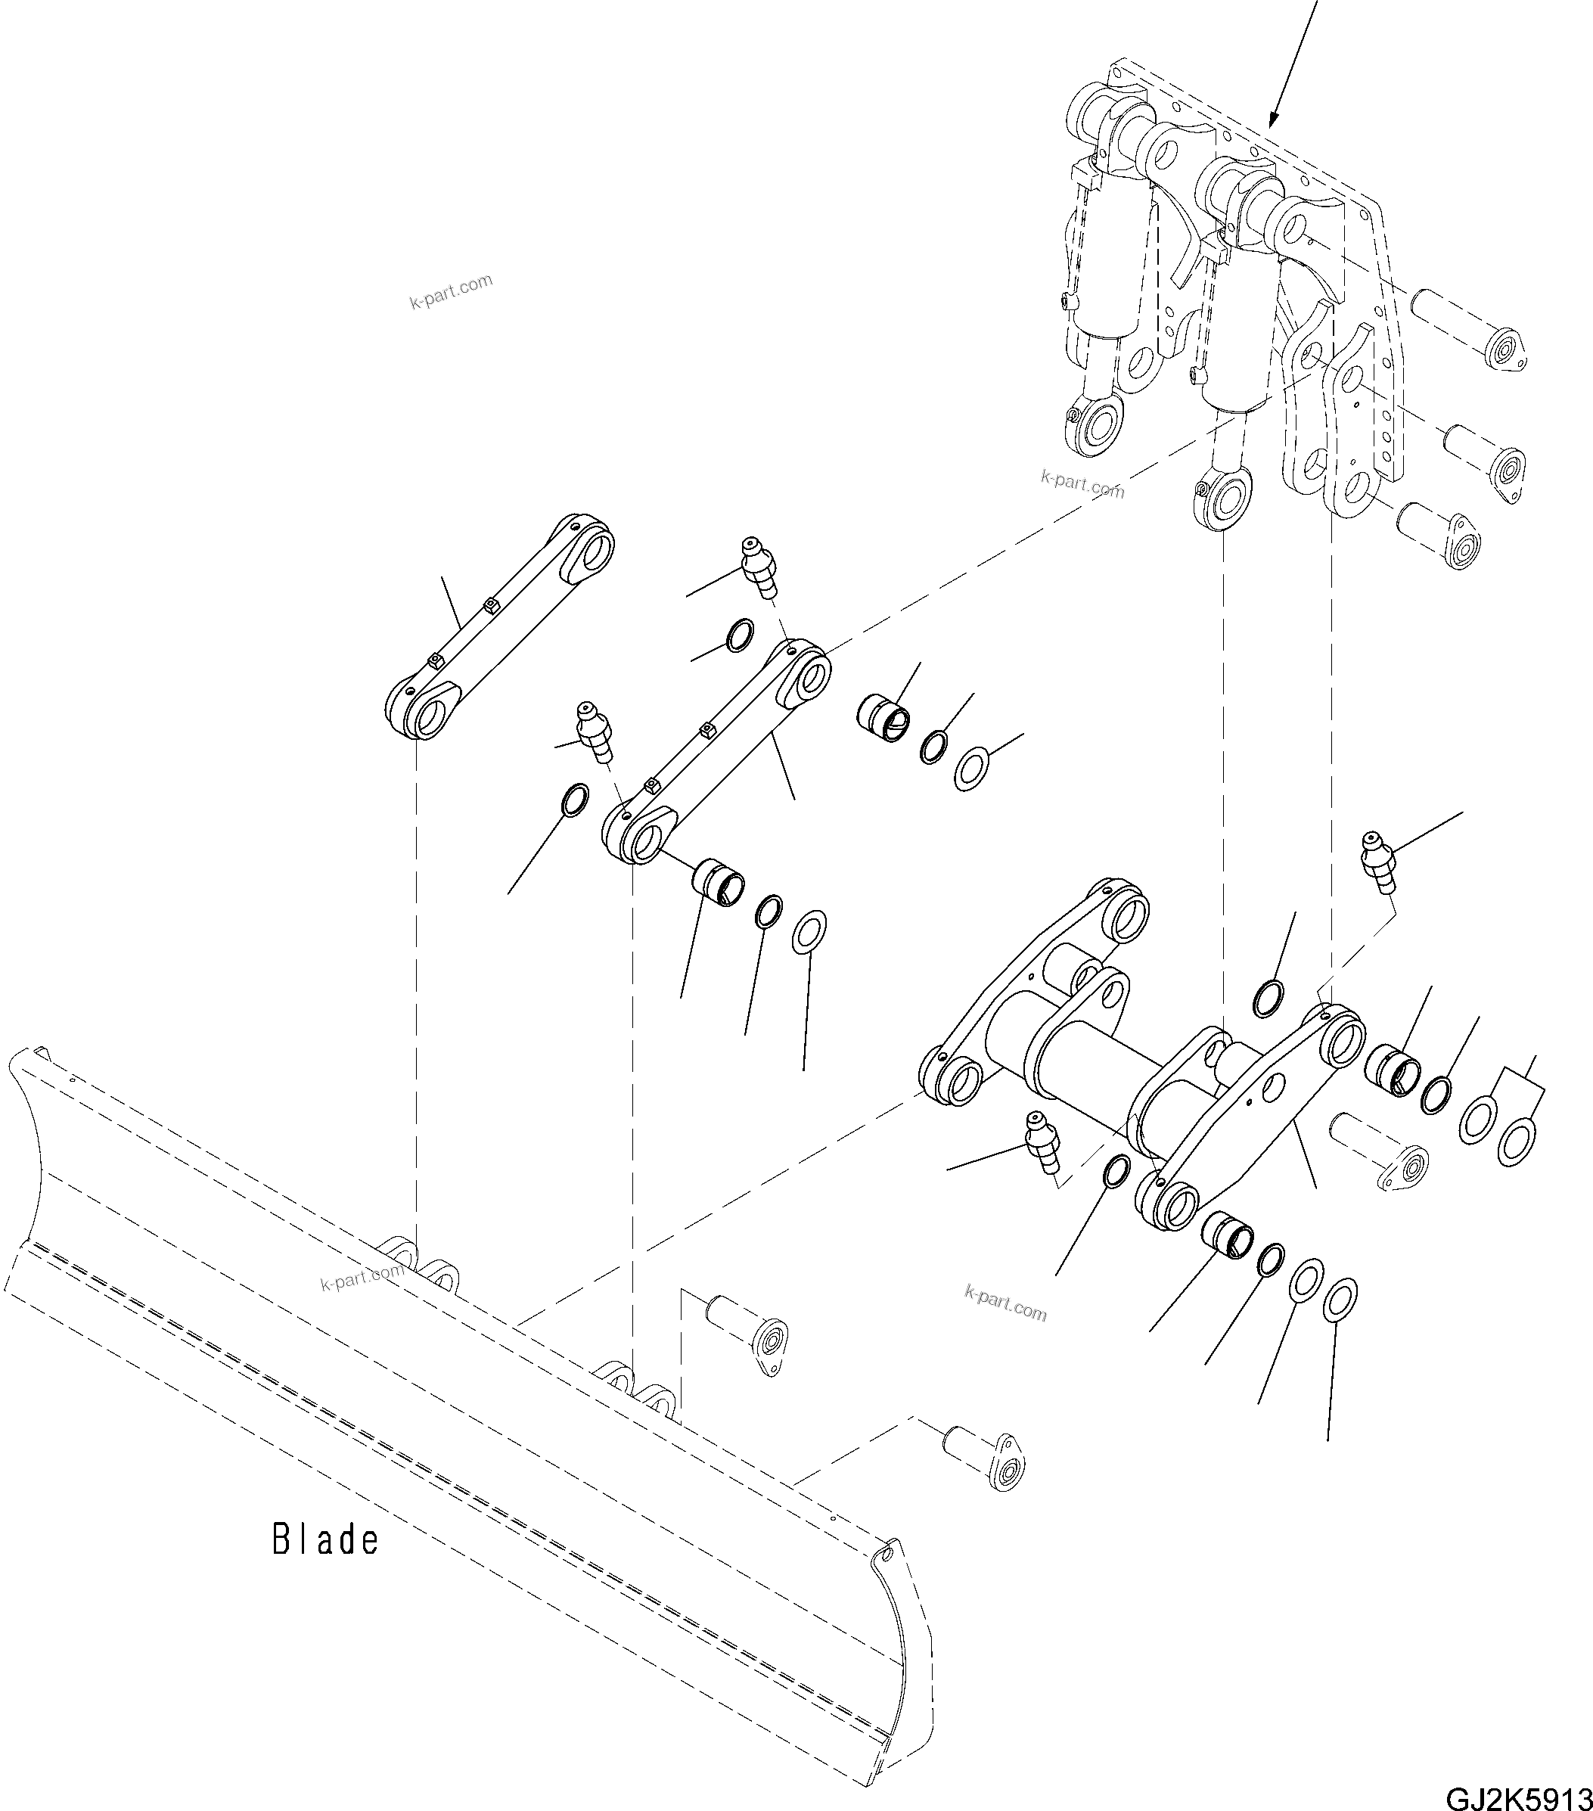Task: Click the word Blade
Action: click(x=325, y=1540)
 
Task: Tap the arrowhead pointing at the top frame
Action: click(x=1273, y=119)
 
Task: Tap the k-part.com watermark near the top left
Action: click(x=451, y=291)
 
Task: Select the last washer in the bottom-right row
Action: click(x=1340, y=1300)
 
